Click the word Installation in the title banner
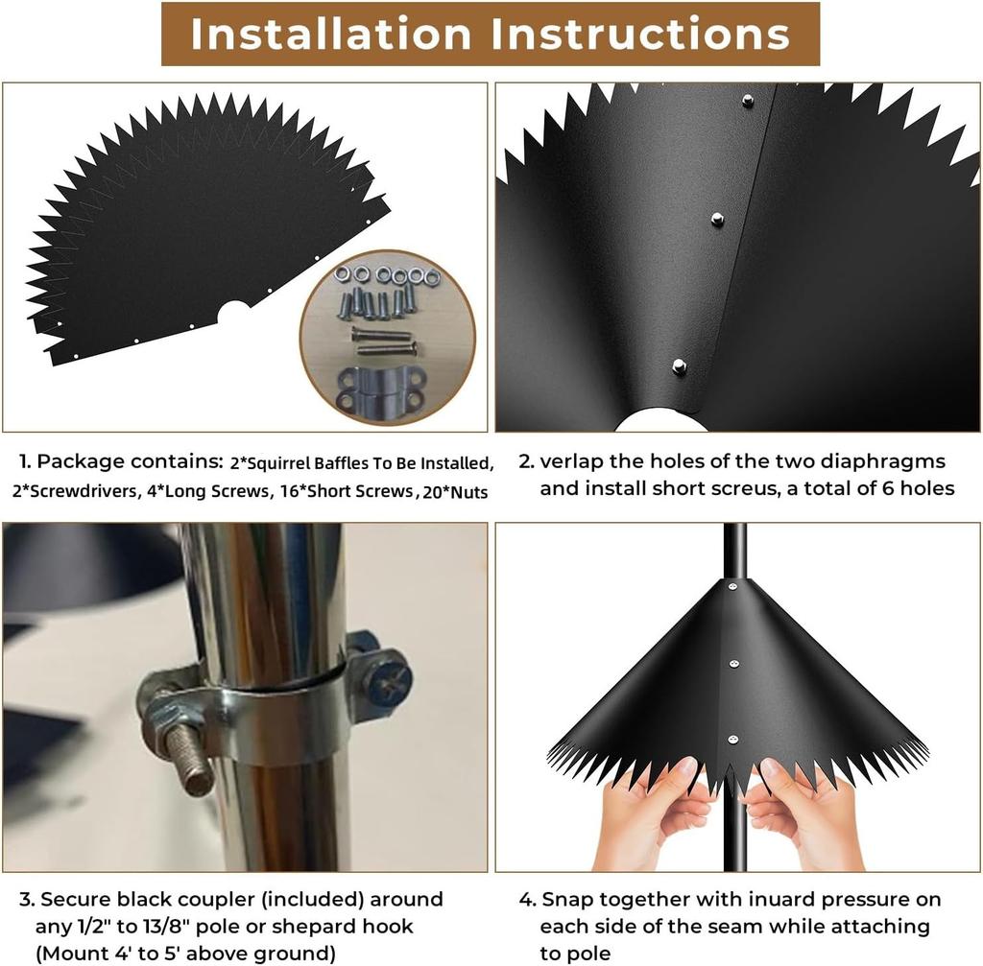pos(330,34)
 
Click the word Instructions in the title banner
pos(640,34)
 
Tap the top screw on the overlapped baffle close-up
pos(747,100)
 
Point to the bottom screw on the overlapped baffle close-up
pos(679,365)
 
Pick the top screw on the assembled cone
pos(732,587)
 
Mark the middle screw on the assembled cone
pos(734,664)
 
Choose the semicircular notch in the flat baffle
pos(234,312)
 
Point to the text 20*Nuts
pos(455,492)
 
